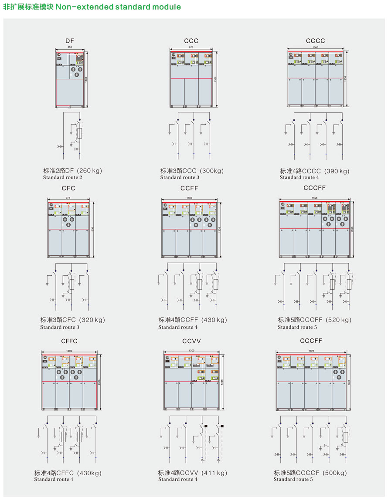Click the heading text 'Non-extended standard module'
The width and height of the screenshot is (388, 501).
(x=118, y=7)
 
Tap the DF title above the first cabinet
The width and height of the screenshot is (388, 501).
(x=70, y=41)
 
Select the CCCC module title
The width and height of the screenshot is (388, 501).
(x=315, y=41)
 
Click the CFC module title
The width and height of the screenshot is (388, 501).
(x=68, y=188)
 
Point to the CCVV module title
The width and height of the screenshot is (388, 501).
(x=191, y=341)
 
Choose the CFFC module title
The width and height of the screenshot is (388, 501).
(x=69, y=341)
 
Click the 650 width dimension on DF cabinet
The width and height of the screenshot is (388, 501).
(x=70, y=47)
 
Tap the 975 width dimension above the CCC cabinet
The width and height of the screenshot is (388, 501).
(x=191, y=47)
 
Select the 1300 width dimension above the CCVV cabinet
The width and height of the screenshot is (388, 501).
(x=191, y=350)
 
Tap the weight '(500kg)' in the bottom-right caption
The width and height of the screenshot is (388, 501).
(x=334, y=473)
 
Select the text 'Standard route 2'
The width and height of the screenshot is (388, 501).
(x=62, y=177)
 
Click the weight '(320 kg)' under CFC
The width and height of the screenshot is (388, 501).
(x=92, y=320)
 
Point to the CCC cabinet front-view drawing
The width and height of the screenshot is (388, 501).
(x=191, y=78)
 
